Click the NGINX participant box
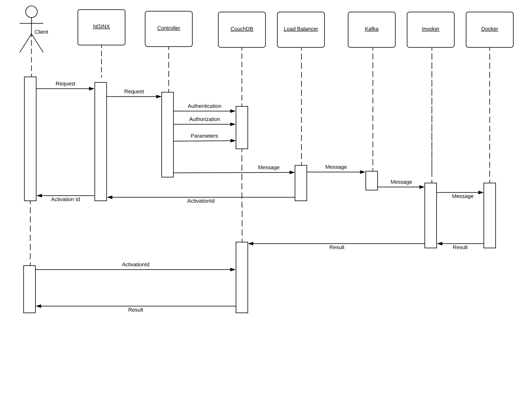101,27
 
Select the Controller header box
168,29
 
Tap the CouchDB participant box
242,29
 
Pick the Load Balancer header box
301,29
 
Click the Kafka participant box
371,29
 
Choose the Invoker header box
430,29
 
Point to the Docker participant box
489,29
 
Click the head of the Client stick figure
31,12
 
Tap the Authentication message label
204,106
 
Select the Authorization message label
204,119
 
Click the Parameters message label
204,136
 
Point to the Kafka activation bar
371,180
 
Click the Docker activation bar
489,215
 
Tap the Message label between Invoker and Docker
462,196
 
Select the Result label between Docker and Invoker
460,247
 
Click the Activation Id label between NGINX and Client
65,200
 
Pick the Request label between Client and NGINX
65,84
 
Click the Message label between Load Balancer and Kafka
336,167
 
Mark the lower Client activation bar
29,289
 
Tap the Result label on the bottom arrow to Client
135,310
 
